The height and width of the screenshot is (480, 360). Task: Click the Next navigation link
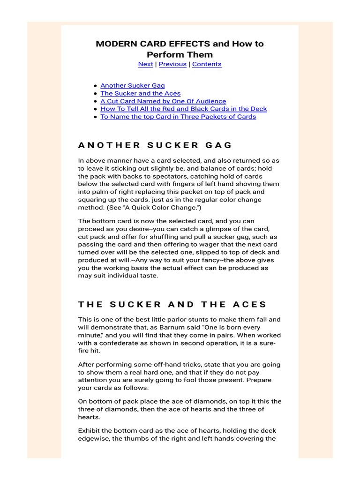point(145,64)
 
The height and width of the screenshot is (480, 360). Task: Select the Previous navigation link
point(172,64)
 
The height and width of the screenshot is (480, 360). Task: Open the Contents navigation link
point(207,64)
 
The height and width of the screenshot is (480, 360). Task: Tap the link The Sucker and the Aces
point(140,93)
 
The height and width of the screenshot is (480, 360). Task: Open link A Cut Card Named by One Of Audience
point(163,101)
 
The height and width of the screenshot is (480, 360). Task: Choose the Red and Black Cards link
point(183,109)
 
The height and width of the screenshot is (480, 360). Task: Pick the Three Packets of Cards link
point(178,117)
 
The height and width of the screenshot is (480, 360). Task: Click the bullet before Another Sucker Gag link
point(96,86)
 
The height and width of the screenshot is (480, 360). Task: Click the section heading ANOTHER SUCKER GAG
point(155,145)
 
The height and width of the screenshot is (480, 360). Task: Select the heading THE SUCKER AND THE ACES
point(172,304)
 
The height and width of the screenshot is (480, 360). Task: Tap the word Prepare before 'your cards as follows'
point(258,380)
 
